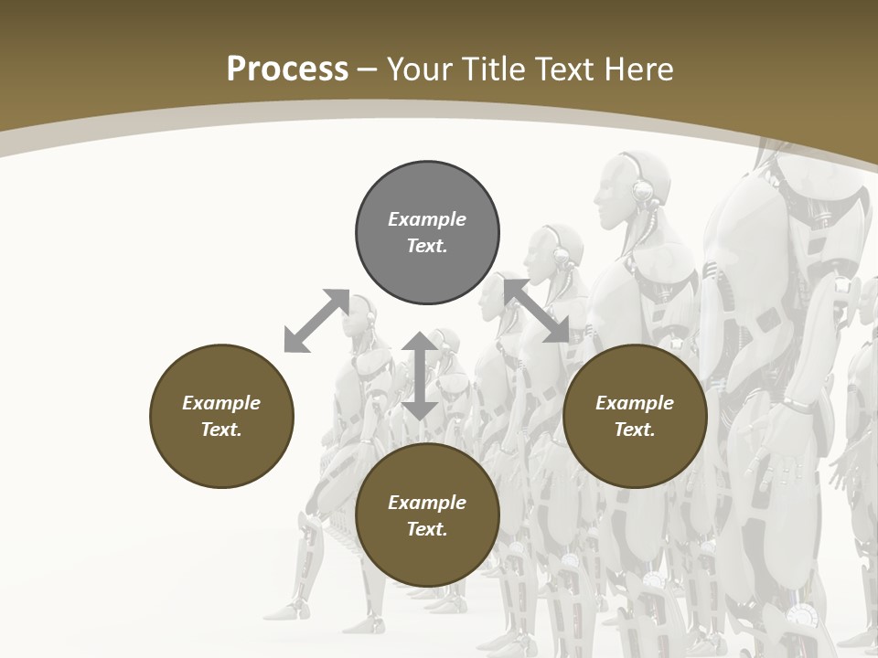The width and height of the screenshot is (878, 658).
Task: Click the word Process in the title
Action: (x=287, y=69)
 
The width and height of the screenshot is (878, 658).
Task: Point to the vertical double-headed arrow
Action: (x=420, y=376)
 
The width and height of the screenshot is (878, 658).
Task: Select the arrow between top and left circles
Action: (x=316, y=320)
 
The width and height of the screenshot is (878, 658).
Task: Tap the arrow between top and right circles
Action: (x=536, y=311)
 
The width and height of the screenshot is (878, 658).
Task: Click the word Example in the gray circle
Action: (x=427, y=219)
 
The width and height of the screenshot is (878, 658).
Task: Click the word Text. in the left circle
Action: (x=221, y=430)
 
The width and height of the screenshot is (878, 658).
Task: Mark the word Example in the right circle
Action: (x=635, y=403)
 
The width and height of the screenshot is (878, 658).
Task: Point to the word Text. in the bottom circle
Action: (x=427, y=529)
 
